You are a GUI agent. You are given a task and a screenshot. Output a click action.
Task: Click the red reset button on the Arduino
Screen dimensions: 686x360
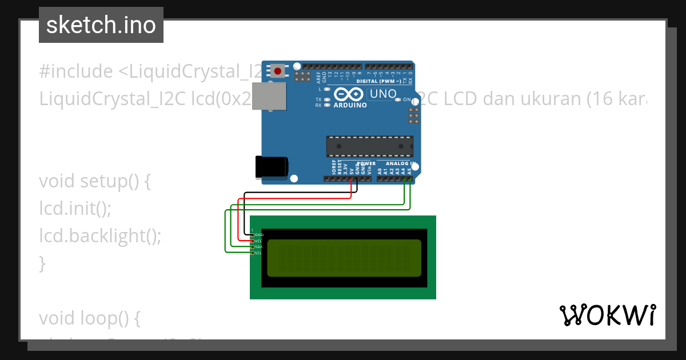[278, 71]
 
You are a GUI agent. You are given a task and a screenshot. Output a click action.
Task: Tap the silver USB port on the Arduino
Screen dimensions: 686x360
[269, 96]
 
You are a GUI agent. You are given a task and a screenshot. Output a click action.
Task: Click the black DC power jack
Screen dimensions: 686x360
[271, 167]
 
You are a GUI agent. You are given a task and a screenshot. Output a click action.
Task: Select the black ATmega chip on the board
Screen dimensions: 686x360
[369, 146]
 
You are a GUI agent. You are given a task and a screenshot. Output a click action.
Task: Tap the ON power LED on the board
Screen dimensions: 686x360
[398, 100]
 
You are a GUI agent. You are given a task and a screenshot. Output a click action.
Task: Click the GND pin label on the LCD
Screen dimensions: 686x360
[258, 235]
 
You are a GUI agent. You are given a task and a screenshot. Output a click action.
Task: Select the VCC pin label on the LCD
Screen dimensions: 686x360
[258, 241]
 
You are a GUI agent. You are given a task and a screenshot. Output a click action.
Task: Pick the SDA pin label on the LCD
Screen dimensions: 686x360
[258, 247]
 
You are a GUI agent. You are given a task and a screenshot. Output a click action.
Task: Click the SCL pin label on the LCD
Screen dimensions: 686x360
[258, 253]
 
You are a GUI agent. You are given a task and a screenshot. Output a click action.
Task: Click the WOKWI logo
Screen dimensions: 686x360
[607, 315]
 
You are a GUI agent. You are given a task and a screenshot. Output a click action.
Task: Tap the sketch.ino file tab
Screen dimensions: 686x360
[101, 25]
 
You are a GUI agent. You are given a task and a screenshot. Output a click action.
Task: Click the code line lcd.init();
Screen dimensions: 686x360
[75, 209]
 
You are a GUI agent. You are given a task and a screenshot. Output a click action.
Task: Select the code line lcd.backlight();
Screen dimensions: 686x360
[100, 235]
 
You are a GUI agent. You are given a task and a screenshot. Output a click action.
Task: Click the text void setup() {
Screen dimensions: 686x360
[95, 181]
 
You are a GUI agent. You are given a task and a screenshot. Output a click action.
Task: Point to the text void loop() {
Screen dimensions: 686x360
[90, 318]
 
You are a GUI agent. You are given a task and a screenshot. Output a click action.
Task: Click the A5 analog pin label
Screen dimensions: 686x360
[409, 170]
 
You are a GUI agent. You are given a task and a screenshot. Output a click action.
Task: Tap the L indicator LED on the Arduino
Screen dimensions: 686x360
[326, 89]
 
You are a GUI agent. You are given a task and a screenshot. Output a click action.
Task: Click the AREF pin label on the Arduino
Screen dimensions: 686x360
[318, 76]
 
